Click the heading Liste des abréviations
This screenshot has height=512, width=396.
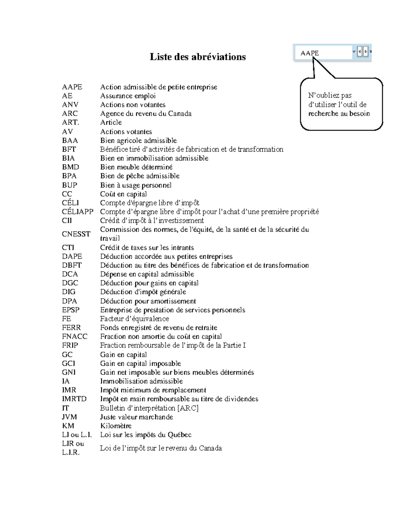click(x=198, y=57)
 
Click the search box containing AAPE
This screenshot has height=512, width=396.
click(x=325, y=53)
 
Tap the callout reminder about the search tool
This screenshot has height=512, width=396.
click(x=340, y=105)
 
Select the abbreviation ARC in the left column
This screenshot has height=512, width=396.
click(x=70, y=114)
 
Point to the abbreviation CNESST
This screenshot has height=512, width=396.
click(x=76, y=234)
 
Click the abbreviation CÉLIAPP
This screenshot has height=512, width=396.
click(x=78, y=212)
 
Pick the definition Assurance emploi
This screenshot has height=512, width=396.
click(x=128, y=96)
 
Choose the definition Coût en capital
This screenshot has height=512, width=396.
click(x=123, y=194)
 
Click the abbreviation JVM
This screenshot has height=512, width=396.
click(x=69, y=417)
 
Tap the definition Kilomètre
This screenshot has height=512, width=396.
click(x=116, y=426)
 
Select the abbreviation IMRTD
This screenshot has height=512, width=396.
click(x=74, y=399)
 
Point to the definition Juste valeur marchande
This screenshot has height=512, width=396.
click(x=137, y=417)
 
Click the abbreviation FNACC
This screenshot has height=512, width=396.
click(x=75, y=337)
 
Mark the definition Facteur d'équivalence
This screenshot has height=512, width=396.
click(x=134, y=319)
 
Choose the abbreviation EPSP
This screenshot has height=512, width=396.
click(x=71, y=310)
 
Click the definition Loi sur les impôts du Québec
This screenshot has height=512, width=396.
click(x=146, y=435)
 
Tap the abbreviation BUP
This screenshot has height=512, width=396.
click(x=69, y=185)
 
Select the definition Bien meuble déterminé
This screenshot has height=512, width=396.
click(x=136, y=167)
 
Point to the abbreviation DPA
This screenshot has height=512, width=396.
click(x=69, y=301)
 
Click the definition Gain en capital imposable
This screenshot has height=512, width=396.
click(x=141, y=364)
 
